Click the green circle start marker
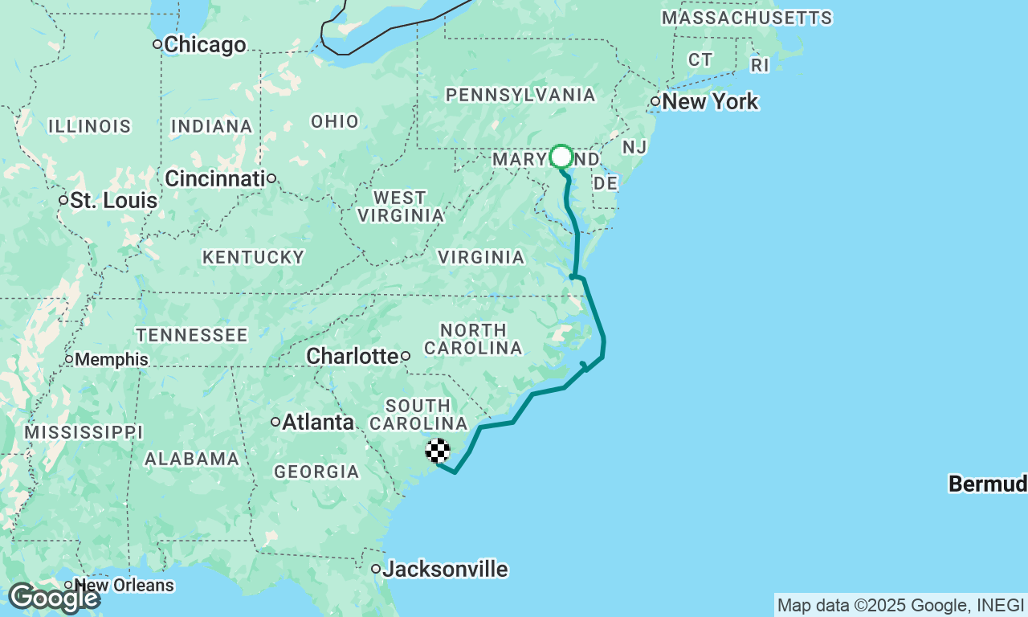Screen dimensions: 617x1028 (x=561, y=156)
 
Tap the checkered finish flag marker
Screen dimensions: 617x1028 (x=438, y=452)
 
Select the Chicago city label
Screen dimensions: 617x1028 (x=205, y=45)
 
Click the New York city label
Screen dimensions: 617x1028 (x=710, y=102)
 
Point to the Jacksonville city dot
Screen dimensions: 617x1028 (x=376, y=569)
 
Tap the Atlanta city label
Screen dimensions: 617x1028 (x=318, y=422)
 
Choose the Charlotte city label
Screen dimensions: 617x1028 (x=353, y=356)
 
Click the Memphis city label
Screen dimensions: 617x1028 (x=112, y=359)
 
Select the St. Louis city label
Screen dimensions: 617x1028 (x=113, y=200)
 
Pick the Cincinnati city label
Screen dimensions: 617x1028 (x=215, y=178)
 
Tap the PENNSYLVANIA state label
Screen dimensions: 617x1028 (x=520, y=96)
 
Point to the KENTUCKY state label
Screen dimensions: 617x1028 (x=253, y=257)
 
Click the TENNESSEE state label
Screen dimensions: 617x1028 (x=192, y=335)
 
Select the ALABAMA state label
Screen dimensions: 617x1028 (x=192, y=459)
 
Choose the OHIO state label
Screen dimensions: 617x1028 (x=335, y=121)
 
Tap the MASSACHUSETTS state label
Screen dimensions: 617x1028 (x=746, y=18)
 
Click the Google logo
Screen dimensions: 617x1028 (x=53, y=598)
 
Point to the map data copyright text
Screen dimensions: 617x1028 (x=900, y=605)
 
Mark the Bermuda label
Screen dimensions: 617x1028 (x=988, y=484)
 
